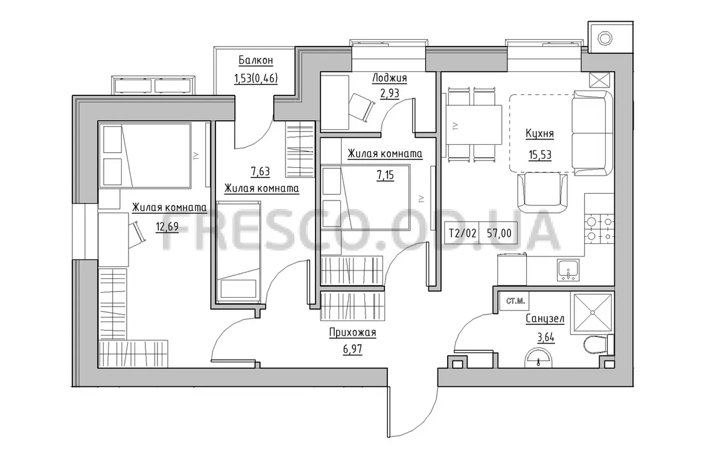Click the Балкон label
[x=256, y=60]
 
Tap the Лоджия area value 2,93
[x=390, y=94]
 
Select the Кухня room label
[x=539, y=133]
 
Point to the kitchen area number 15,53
[x=540, y=155]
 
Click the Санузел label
[x=545, y=319]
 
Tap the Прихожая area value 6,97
[x=352, y=350]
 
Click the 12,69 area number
[x=167, y=227]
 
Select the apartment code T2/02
[x=463, y=233]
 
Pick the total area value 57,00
[x=499, y=233]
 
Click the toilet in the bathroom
[x=599, y=345]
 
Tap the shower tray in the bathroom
[x=592, y=313]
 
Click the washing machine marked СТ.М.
[x=515, y=301]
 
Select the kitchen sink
[x=568, y=270]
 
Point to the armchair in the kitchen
[x=542, y=192]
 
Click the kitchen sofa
[x=592, y=133]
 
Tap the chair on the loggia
[x=361, y=107]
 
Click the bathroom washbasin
[x=538, y=358]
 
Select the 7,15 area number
[x=385, y=175]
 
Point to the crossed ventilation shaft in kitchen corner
[x=600, y=80]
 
